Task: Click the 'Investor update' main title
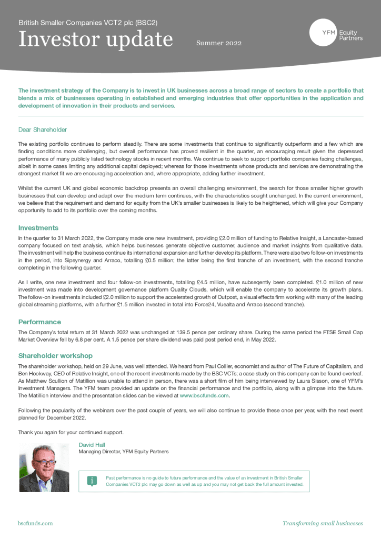(x=95, y=39)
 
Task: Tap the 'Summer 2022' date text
(x=219, y=43)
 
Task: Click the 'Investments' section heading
(x=38, y=228)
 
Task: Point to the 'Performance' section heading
(x=39, y=322)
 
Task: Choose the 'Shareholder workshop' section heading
(x=55, y=355)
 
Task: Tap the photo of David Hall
(x=44, y=467)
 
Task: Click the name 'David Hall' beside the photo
(x=92, y=445)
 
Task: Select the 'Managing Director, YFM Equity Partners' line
(x=124, y=452)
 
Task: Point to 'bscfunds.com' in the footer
(x=35, y=523)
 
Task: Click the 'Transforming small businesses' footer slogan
(x=323, y=523)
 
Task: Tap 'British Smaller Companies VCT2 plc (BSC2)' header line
(x=88, y=23)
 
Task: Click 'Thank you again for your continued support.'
(x=71, y=432)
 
